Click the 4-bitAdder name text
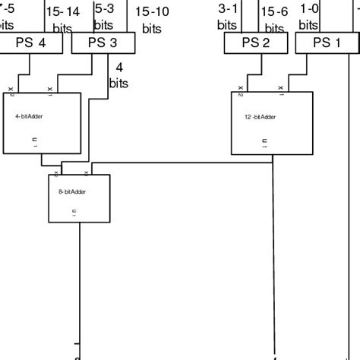[x=29, y=117]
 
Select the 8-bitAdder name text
[x=72, y=191]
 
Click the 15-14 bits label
[x=62, y=19]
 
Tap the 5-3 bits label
[x=104, y=17]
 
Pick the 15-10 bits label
[x=152, y=19]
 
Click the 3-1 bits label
[x=228, y=17]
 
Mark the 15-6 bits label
[x=274, y=19]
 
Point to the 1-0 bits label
[x=309, y=17]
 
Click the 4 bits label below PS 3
[x=118, y=76]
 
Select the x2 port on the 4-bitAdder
[x=11, y=90]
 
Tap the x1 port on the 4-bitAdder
[x=49, y=90]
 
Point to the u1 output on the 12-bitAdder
[x=264, y=141]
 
